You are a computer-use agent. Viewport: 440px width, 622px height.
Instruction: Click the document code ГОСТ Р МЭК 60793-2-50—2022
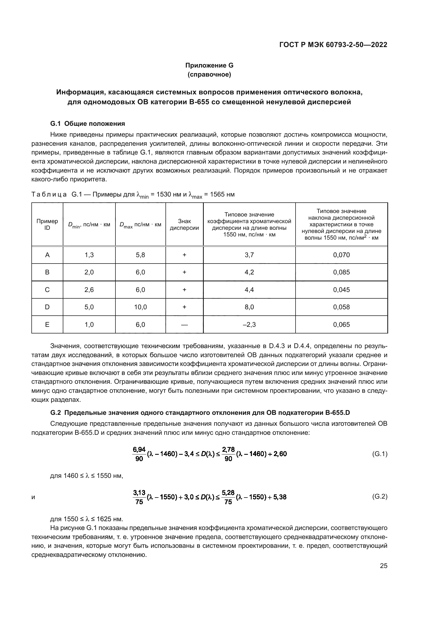[333, 45]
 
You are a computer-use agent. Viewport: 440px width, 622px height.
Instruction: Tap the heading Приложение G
[209, 65]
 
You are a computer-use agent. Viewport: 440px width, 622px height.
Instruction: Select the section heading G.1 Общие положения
[88, 124]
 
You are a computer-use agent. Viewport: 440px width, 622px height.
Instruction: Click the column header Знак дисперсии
[184, 225]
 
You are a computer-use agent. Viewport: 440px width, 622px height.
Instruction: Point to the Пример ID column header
[47, 224]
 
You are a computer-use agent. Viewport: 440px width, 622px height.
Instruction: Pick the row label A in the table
[47, 255]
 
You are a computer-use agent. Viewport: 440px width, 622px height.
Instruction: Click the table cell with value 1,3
[89, 255]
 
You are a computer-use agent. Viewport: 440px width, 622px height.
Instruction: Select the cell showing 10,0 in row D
[140, 307]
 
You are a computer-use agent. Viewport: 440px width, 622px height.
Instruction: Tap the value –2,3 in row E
[249, 324]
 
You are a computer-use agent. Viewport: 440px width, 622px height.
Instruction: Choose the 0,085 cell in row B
[341, 272]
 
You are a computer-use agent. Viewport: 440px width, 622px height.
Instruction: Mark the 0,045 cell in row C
[341, 290]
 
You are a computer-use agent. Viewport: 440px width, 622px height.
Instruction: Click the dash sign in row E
[184, 325]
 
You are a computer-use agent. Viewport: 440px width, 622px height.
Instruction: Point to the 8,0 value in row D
[249, 307]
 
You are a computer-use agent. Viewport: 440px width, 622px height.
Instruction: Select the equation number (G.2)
[380, 496]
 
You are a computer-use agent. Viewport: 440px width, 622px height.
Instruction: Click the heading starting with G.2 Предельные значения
[200, 413]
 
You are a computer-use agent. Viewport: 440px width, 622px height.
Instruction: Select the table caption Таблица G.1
[133, 194]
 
